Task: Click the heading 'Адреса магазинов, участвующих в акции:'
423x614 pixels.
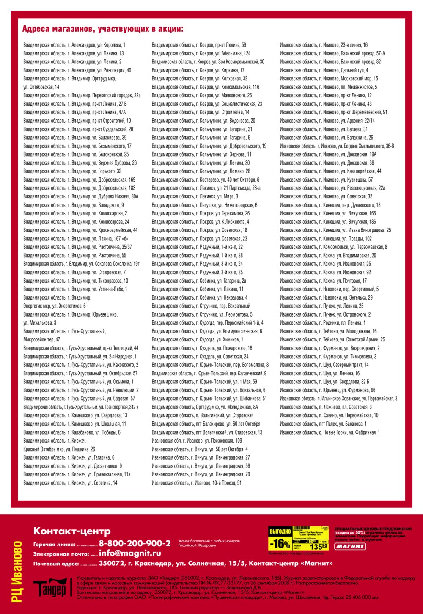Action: click(103, 29)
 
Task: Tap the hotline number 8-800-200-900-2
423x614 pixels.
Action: click(135, 543)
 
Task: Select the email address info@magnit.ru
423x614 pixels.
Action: click(130, 553)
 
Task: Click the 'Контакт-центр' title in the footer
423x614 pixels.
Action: click(72, 531)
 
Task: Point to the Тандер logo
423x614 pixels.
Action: click(50, 587)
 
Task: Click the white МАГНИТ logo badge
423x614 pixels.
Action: click(350, 546)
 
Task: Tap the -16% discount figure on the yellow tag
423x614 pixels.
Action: click(280, 543)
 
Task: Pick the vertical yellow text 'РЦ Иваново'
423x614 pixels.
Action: click(17, 572)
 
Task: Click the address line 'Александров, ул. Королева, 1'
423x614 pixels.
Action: click(74, 45)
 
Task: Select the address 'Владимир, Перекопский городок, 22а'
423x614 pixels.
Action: click(82, 96)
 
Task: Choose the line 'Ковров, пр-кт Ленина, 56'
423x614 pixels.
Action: click(199, 45)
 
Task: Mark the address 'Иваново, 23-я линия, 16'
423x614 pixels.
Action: click(324, 45)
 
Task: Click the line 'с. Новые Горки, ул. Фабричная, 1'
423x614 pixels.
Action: click(330, 432)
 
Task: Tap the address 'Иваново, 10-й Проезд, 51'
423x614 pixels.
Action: click(196, 483)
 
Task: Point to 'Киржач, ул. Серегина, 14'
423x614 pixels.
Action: click(70, 483)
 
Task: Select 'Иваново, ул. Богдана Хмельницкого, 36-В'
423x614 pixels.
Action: click(337, 146)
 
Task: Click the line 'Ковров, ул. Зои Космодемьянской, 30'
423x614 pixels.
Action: click(208, 62)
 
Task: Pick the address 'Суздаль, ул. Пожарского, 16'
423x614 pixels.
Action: click(202, 348)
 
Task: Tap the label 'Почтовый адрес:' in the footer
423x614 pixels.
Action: click(56, 564)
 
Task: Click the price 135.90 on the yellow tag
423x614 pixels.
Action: click(319, 546)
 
